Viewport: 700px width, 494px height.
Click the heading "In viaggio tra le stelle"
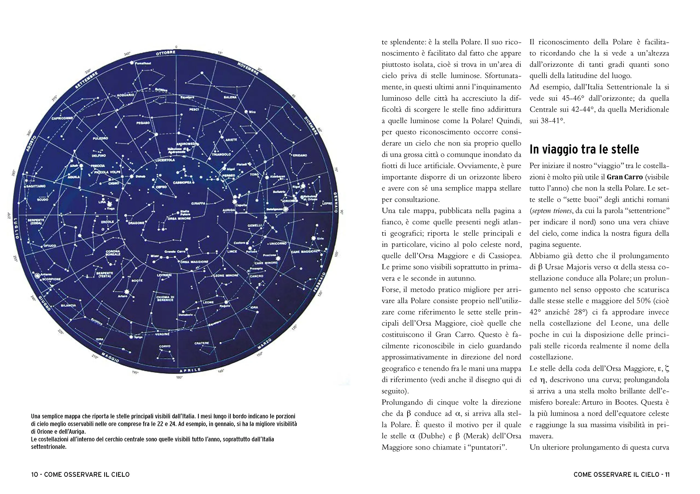click(x=584, y=149)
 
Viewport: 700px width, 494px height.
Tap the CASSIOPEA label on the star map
click(x=182, y=183)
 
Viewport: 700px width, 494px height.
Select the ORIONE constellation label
click(x=289, y=201)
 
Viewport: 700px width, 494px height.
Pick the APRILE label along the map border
click(x=190, y=370)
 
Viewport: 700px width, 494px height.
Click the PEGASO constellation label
click(x=143, y=123)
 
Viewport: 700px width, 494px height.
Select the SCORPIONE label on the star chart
click(x=51, y=279)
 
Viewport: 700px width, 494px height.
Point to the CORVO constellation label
click(x=165, y=346)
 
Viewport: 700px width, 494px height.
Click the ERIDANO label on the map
click(x=300, y=155)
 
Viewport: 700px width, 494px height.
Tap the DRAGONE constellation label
click(x=136, y=223)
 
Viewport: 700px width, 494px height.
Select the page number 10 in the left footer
click(x=34, y=475)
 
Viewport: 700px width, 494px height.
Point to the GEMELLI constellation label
click(x=254, y=225)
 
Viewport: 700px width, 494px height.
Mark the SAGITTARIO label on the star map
click(x=36, y=186)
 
